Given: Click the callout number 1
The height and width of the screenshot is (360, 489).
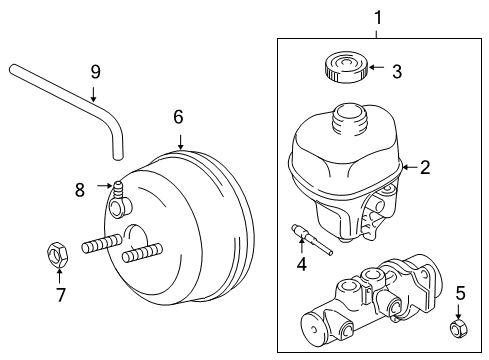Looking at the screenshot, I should pyautogui.click(x=377, y=16).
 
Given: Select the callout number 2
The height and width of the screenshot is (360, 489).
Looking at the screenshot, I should pyautogui.click(x=425, y=167).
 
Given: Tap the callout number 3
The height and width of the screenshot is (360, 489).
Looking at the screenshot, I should pyautogui.click(x=397, y=71).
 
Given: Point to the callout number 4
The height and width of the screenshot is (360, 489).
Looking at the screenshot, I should pyautogui.click(x=300, y=265).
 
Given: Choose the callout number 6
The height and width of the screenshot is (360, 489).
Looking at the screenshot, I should pyautogui.click(x=178, y=117).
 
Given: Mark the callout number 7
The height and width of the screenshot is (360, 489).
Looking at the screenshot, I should pyautogui.click(x=60, y=294).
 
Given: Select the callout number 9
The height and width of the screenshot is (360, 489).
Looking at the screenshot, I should pyautogui.click(x=95, y=71).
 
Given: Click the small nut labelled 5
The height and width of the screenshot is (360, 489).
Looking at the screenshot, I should pyautogui.click(x=460, y=326).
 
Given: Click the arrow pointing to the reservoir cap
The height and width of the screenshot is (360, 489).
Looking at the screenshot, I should pyautogui.click(x=375, y=70).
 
